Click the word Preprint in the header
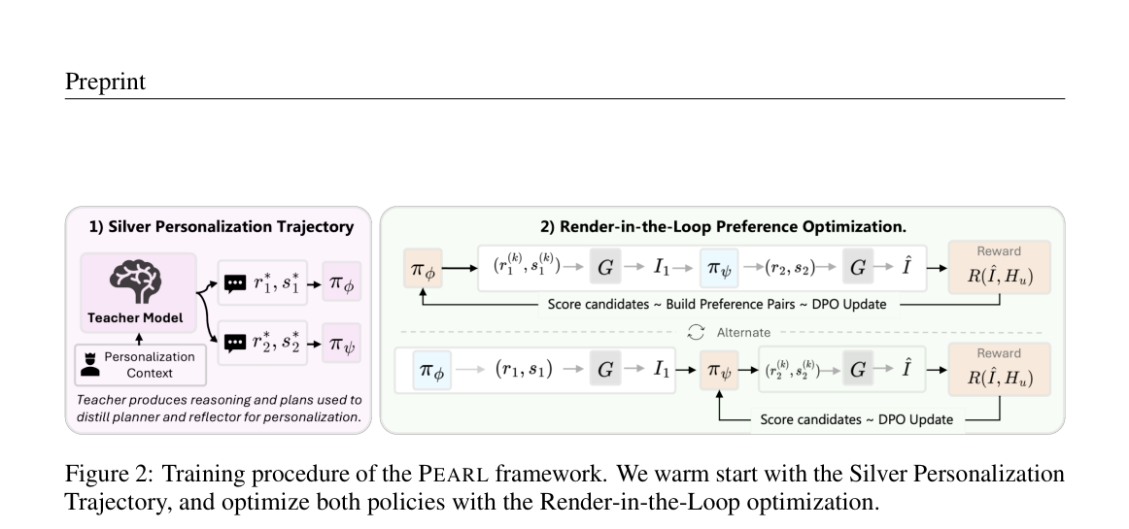point(105,83)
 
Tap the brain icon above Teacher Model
point(137,281)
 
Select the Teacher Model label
point(135,317)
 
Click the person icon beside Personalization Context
point(90,365)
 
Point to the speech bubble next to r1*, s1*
point(235,283)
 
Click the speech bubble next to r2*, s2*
point(235,344)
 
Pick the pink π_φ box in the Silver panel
point(341,282)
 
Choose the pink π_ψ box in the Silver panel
point(341,344)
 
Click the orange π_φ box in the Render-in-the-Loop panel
point(423,269)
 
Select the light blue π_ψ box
point(719,269)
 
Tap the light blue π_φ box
point(432,370)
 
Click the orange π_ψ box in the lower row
point(719,370)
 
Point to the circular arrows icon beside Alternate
point(696,332)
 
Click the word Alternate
point(744,333)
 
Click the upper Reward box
point(999,267)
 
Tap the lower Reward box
point(999,369)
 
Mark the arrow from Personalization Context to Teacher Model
point(139,339)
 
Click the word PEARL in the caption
point(454,475)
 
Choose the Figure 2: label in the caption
point(109,475)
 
